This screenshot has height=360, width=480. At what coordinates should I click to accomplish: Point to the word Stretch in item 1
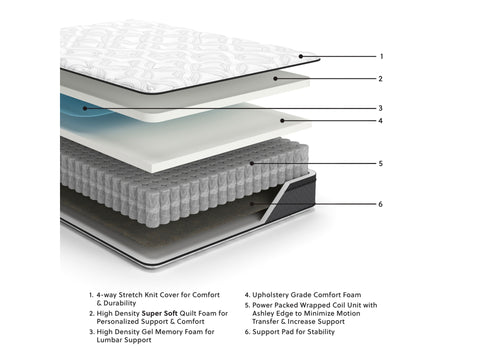[x=135, y=295]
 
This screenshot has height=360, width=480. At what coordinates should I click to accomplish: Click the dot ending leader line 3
[x=85, y=108]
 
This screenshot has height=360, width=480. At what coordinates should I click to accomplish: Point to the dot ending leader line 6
[x=252, y=204]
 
